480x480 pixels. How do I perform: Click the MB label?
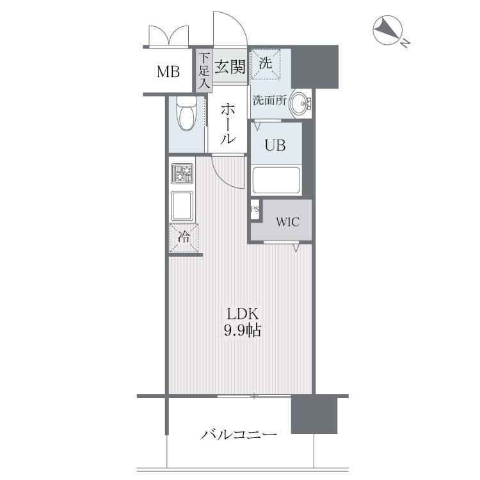click(x=168, y=72)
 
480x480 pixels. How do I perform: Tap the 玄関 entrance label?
click(x=230, y=67)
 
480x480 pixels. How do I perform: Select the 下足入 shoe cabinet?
click(x=204, y=70)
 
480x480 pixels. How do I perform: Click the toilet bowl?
click(x=186, y=115)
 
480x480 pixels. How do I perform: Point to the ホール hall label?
click(x=228, y=124)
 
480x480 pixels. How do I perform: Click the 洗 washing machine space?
click(x=266, y=63)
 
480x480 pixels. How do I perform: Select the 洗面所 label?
click(x=269, y=100)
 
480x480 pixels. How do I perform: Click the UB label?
click(x=275, y=145)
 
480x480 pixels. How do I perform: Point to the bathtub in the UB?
click(x=276, y=180)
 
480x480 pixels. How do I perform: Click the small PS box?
click(x=255, y=209)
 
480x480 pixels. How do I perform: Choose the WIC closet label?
click(x=287, y=222)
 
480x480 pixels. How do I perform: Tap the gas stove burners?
click(x=182, y=174)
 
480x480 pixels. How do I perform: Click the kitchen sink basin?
click(x=182, y=205)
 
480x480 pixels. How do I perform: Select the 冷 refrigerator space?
click(x=184, y=238)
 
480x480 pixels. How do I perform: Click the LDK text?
click(x=243, y=314)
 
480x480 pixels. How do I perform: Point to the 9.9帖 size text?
click(x=243, y=330)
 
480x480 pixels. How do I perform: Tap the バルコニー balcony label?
click(x=239, y=434)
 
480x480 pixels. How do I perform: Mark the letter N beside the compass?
click(x=406, y=43)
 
